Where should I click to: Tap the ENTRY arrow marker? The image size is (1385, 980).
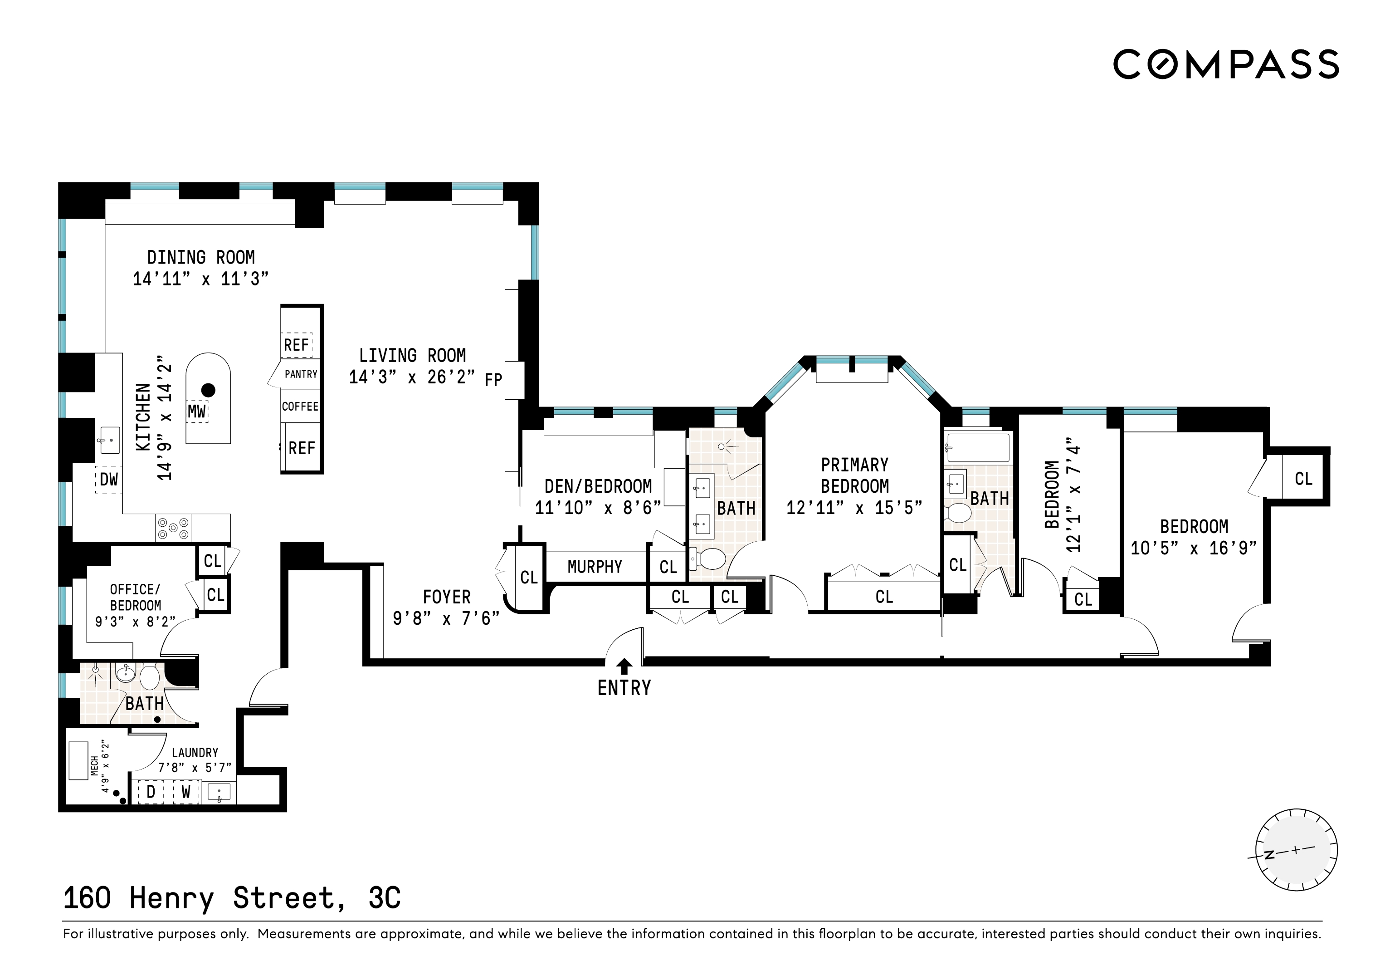pos(625,666)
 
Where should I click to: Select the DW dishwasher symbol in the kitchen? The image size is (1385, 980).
pos(108,480)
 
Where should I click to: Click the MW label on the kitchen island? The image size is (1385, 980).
pos(197,412)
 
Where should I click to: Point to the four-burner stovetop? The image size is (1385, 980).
pos(174,528)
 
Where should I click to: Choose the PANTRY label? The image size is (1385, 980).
pos(300,374)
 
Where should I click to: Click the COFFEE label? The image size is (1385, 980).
pos(300,406)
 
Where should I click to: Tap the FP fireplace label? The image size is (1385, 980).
pos(493,380)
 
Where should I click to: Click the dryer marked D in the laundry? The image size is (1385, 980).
pos(151,791)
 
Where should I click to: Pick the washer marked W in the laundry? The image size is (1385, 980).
pos(186,791)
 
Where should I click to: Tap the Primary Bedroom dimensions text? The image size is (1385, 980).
pos(854,508)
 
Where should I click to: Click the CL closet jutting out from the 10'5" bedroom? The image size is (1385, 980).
pos(1303,479)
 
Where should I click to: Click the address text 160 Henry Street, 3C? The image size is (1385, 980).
pos(232,898)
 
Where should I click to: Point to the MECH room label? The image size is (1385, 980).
pos(94,766)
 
